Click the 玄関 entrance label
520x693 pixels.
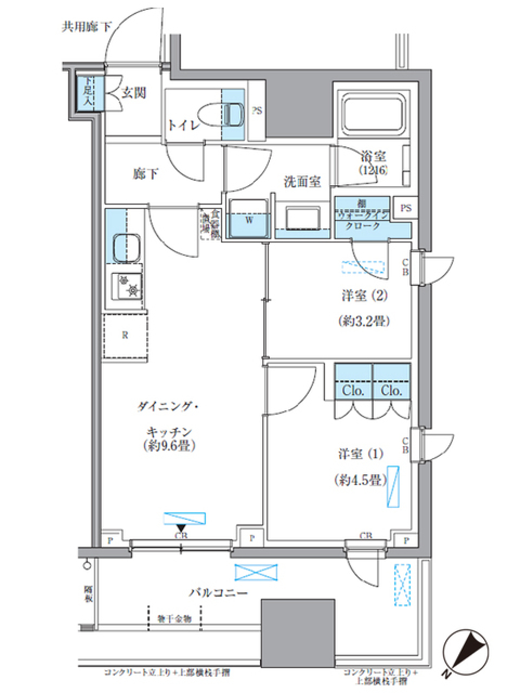[133, 93]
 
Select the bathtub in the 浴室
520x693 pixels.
[372, 114]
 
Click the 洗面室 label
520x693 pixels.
[303, 182]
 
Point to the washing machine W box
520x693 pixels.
[249, 219]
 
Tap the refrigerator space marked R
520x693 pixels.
[125, 335]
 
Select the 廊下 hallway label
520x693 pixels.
[146, 174]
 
